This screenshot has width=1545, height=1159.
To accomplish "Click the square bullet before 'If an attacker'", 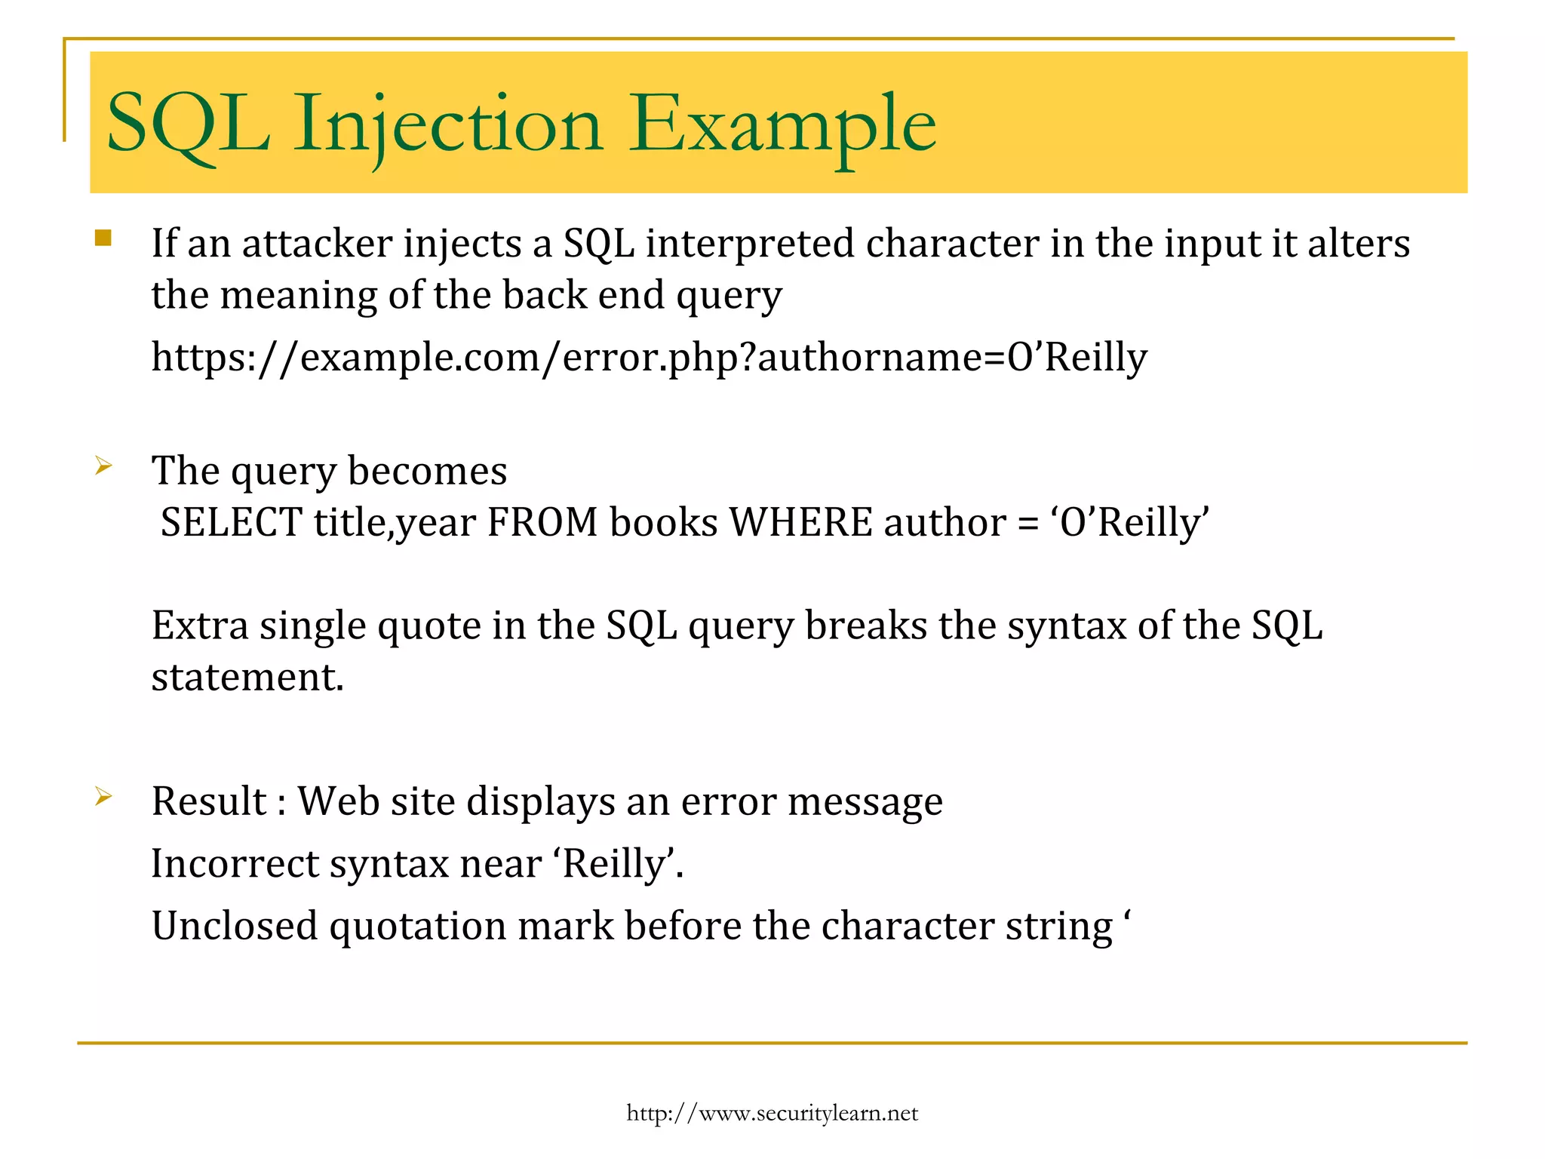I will [x=103, y=238].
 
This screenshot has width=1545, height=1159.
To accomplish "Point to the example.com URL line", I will [x=649, y=358].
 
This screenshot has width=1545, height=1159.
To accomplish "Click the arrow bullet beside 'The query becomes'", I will [x=103, y=466].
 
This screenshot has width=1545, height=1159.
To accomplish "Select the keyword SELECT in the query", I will [x=232, y=523].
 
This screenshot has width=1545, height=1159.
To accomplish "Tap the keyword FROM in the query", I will [x=542, y=523].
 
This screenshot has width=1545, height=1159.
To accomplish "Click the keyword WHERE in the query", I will [x=800, y=523].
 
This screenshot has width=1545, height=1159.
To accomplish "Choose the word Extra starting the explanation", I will [x=200, y=626].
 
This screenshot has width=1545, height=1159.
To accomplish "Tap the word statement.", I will [x=247, y=677].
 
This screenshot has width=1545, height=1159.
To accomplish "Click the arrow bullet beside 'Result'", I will [x=103, y=796].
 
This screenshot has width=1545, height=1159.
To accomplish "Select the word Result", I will [x=210, y=801].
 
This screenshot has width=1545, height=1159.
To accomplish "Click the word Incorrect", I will [x=234, y=864].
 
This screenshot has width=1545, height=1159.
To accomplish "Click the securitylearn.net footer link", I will [x=772, y=1114].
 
